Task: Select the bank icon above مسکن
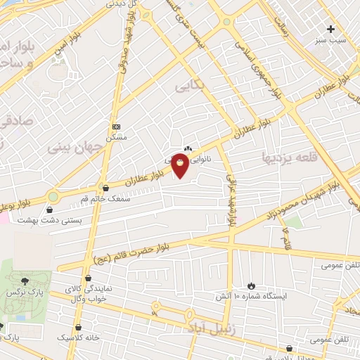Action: [116, 127]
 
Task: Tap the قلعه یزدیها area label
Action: [289, 155]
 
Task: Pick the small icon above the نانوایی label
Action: [188, 148]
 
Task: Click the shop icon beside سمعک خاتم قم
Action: [105, 188]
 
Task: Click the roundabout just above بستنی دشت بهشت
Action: [53, 196]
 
